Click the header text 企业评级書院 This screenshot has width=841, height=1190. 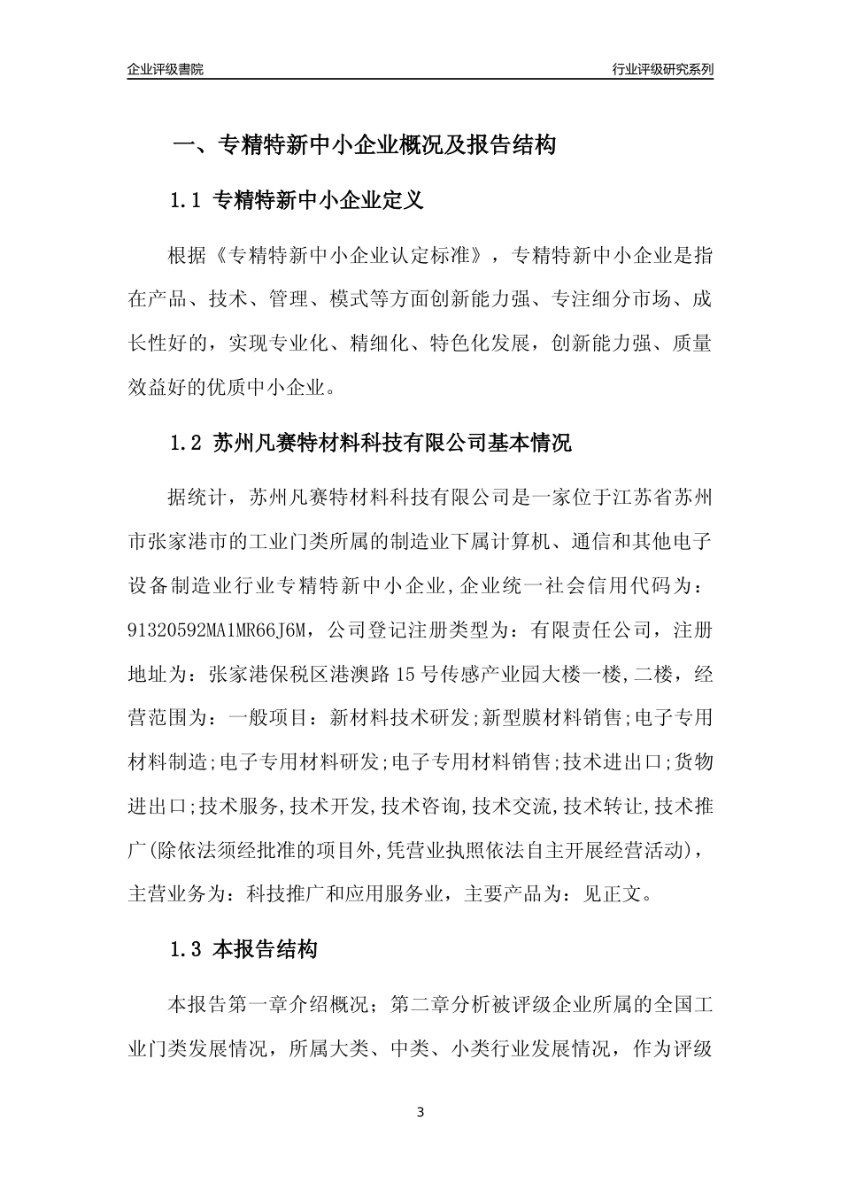(166, 69)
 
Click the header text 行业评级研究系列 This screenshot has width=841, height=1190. (662, 69)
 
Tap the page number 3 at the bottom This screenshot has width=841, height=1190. (420, 1111)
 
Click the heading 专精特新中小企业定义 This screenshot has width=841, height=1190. (319, 201)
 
